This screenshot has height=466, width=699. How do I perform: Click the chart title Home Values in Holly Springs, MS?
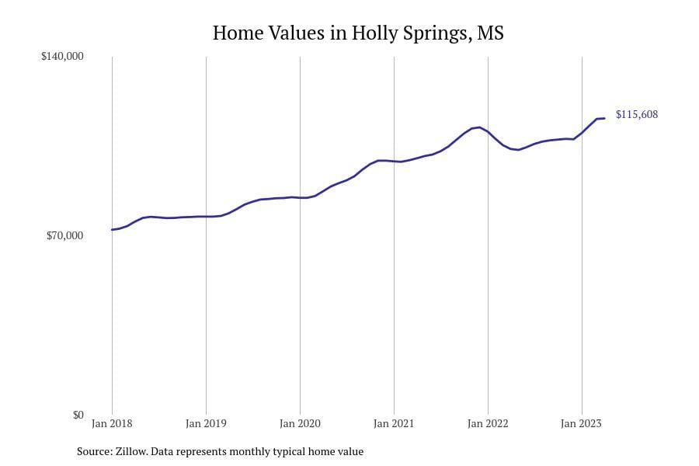pos(358,33)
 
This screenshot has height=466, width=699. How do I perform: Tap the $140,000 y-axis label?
pos(62,57)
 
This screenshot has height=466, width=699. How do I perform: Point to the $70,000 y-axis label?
pos(65,235)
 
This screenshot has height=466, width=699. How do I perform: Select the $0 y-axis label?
pos(78,415)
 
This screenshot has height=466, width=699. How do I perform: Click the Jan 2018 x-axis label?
pos(112,424)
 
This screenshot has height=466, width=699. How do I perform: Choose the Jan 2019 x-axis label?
pos(206,424)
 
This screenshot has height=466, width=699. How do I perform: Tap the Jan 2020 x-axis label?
pos(300,424)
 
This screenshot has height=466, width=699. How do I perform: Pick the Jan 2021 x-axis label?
pos(394,424)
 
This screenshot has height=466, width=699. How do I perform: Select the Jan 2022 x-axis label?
pos(488,424)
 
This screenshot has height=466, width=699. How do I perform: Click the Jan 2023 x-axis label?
pos(582,424)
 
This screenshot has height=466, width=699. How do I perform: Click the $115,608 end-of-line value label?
pos(637,115)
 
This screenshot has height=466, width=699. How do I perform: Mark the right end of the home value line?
pos(604,118)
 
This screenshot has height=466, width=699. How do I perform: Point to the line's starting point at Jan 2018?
pos(112,229)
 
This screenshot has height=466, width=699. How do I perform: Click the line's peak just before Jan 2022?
pos(479,127)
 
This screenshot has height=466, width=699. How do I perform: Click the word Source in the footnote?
pos(93,451)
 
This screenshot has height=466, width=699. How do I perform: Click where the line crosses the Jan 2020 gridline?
pos(300,197)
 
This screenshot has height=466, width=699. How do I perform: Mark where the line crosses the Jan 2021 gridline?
pos(394,161)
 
